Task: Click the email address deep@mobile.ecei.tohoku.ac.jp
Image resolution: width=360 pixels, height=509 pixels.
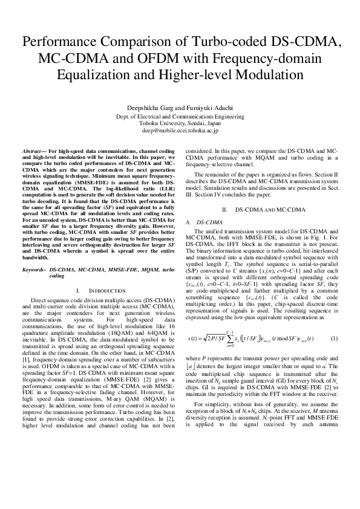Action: click(180, 130)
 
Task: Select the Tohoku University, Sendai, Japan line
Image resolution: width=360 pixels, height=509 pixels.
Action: click(180, 123)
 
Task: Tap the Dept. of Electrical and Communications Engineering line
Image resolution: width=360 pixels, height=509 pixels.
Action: click(180, 115)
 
